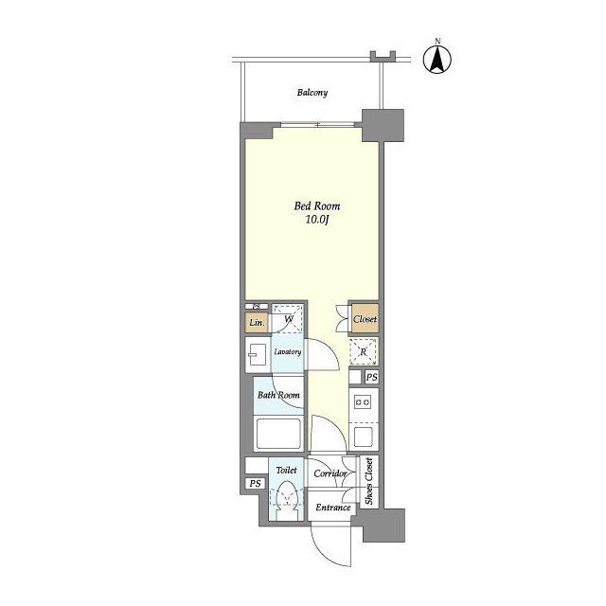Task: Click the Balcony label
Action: click(312, 93)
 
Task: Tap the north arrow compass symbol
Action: click(437, 60)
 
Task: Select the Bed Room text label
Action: click(317, 206)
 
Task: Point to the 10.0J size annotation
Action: click(317, 220)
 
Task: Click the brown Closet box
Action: click(365, 319)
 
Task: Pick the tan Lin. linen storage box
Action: click(257, 322)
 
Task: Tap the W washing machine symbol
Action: click(288, 318)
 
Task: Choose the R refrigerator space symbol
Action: click(363, 351)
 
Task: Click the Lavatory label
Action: click(288, 352)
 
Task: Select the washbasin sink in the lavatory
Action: click(258, 355)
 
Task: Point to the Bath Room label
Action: click(278, 395)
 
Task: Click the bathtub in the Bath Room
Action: click(278, 434)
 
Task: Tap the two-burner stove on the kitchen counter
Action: click(363, 402)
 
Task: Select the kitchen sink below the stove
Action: click(363, 436)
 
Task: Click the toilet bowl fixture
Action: click(287, 499)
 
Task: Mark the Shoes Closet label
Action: click(369, 481)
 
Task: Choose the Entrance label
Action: click(333, 508)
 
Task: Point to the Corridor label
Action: click(330, 473)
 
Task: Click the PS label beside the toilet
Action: click(255, 484)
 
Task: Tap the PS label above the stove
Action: click(372, 377)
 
